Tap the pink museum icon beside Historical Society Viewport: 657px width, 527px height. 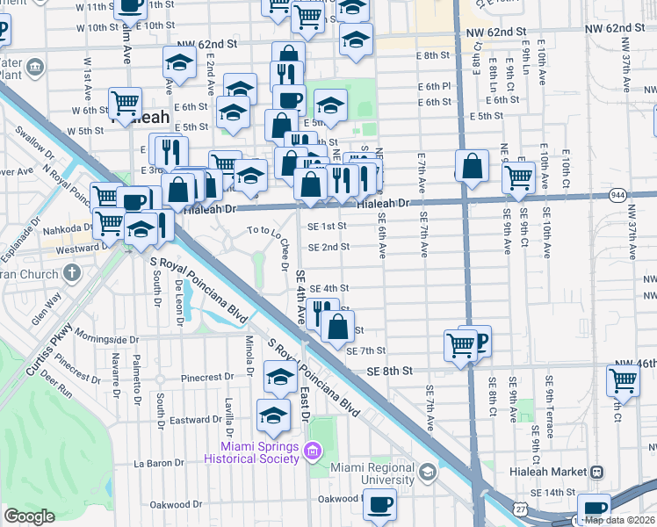(x=310, y=452)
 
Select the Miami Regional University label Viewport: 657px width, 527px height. (x=372, y=474)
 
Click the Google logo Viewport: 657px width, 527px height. (x=29, y=516)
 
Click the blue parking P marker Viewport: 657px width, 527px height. (x=479, y=339)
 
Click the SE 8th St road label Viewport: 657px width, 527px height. (x=391, y=372)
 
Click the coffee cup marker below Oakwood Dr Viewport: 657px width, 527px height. (x=379, y=505)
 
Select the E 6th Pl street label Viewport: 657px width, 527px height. (x=434, y=86)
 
